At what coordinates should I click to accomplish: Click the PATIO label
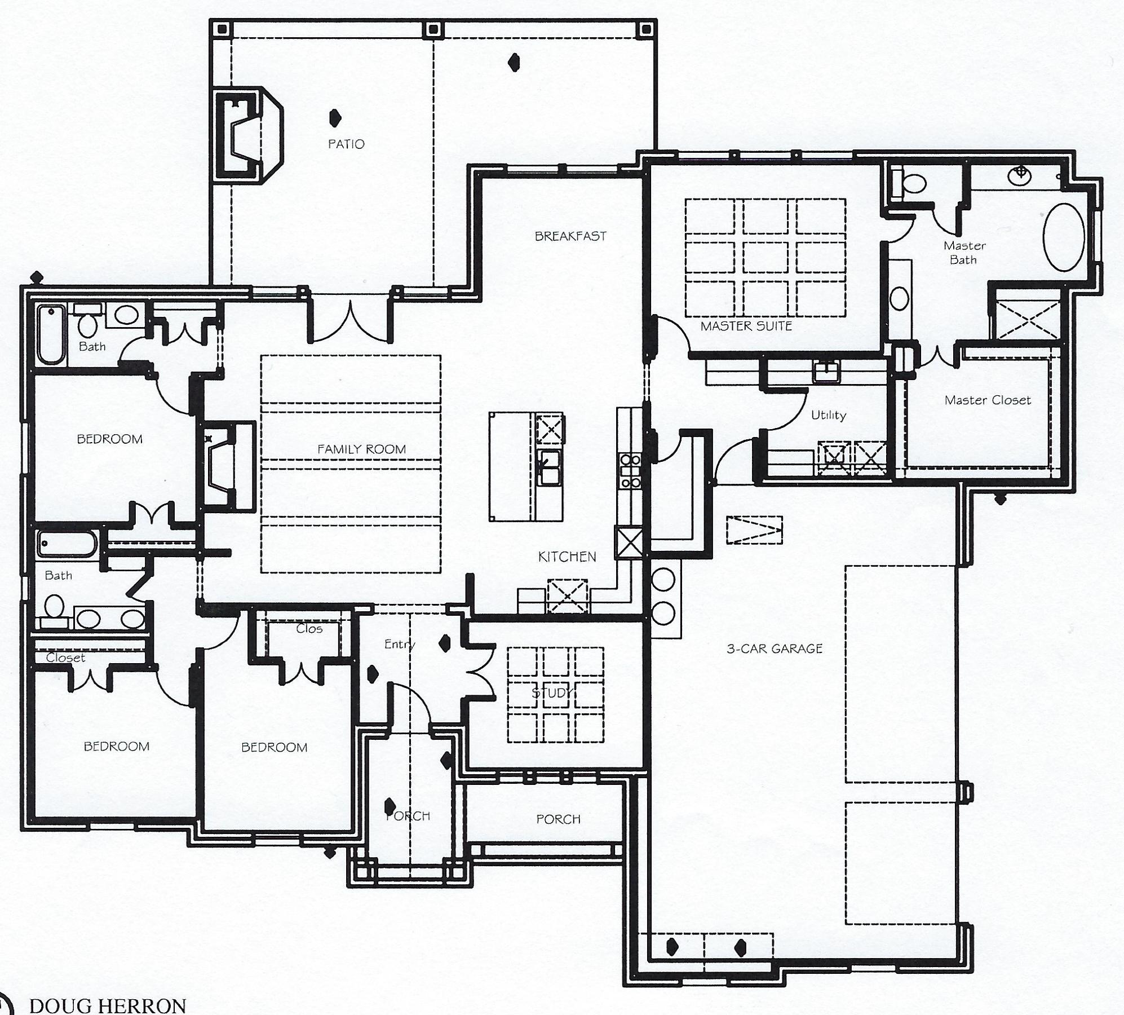coord(346,144)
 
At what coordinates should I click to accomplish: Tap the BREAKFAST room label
coord(570,236)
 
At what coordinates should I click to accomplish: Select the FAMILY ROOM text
coord(361,449)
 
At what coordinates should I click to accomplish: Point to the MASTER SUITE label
coord(746,326)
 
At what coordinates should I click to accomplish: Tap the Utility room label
coord(828,416)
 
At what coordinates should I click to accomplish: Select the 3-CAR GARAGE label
coord(774,649)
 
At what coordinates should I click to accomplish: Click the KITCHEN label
coord(567,557)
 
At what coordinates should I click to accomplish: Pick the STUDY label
coord(552,693)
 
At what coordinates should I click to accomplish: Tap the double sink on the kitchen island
coord(548,467)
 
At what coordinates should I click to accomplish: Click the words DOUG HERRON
coord(107,1005)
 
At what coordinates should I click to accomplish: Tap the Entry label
coord(399,644)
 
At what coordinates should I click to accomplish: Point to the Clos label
coord(309,629)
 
